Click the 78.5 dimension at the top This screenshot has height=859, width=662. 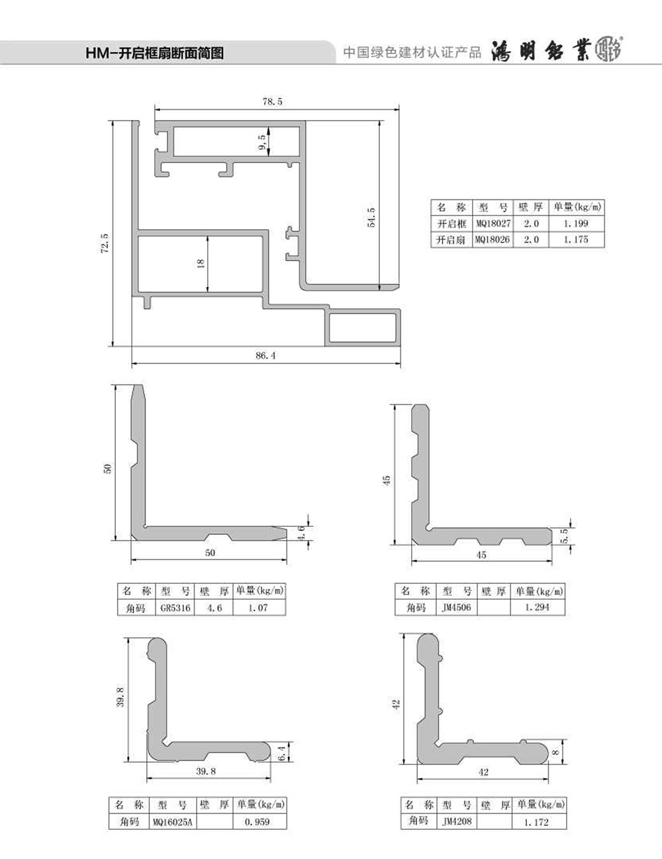[272, 101]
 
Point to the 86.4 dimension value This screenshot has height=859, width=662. [265, 355]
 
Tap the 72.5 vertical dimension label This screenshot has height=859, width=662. [105, 243]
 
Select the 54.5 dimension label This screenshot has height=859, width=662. [371, 217]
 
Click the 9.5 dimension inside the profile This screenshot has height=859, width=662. [261, 143]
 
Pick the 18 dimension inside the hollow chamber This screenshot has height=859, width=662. [200, 263]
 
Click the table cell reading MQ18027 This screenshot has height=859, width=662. [493, 223]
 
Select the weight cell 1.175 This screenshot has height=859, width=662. [576, 239]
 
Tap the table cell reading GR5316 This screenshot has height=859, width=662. [175, 608]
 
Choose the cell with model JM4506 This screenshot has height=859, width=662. [456, 607]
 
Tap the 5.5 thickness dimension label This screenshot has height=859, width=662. [565, 536]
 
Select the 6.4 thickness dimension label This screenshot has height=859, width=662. [281, 753]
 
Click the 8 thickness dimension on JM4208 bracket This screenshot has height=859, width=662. [556, 753]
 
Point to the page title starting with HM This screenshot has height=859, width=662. [155, 52]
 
